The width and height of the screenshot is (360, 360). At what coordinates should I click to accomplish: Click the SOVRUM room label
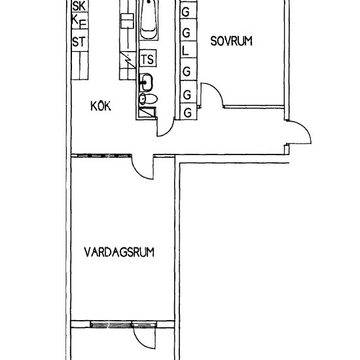click(x=231, y=41)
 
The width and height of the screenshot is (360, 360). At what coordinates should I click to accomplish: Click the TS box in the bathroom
click(x=148, y=59)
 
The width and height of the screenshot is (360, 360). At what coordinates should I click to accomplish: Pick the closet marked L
click(x=187, y=50)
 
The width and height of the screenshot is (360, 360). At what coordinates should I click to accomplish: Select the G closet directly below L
click(x=187, y=70)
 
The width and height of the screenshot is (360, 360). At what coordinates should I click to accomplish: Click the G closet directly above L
click(x=187, y=31)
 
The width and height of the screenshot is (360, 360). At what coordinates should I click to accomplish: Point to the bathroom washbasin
click(x=148, y=82)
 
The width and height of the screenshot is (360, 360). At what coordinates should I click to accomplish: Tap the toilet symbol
click(x=148, y=99)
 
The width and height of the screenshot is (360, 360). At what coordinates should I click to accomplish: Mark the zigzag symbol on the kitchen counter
click(x=128, y=60)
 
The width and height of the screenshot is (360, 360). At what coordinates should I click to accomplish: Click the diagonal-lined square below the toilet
click(x=147, y=112)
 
